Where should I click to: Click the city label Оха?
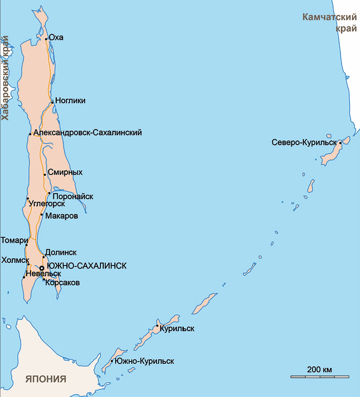click(56, 37)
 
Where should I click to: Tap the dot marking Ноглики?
click(53, 102)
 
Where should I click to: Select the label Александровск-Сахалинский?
click(88, 132)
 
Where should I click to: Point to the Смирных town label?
click(66, 172)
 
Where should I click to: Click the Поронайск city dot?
click(49, 193)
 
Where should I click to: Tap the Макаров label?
click(62, 216)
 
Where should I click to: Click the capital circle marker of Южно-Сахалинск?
click(42, 268)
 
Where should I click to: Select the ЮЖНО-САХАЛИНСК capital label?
click(87, 266)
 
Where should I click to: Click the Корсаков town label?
click(63, 283)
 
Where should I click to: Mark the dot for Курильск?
click(157, 326)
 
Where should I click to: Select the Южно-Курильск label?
click(144, 361)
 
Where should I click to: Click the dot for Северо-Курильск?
click(340, 143)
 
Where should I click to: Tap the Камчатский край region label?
click(330, 23)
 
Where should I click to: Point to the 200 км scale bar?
click(320, 376)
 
